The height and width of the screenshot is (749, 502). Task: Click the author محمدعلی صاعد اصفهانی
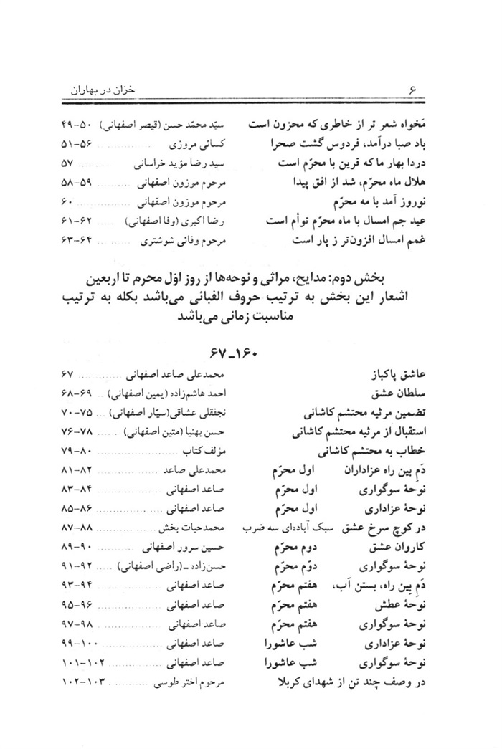(x=176, y=375)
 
